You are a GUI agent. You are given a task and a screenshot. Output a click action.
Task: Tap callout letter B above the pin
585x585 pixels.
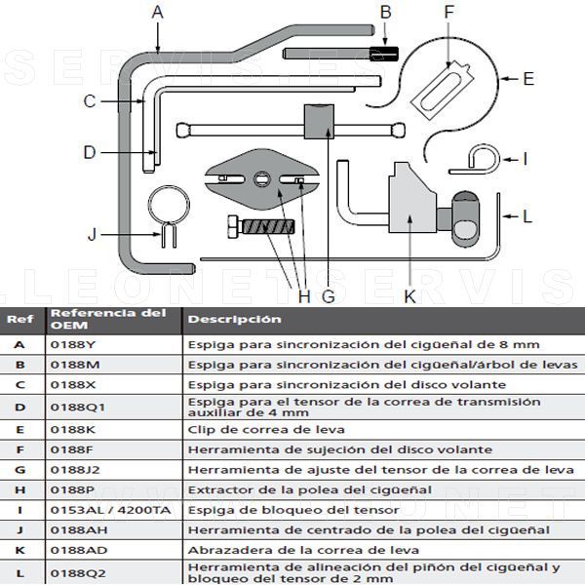[386, 13]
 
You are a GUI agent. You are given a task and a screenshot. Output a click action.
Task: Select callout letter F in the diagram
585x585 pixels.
[449, 13]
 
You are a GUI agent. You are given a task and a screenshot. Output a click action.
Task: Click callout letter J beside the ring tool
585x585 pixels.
[93, 234]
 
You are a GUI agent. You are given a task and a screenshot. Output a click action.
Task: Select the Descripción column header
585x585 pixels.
[235, 319]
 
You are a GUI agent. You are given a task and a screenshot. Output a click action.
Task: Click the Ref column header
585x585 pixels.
[19, 319]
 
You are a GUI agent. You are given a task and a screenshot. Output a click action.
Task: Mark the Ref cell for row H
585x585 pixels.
[19, 489]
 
